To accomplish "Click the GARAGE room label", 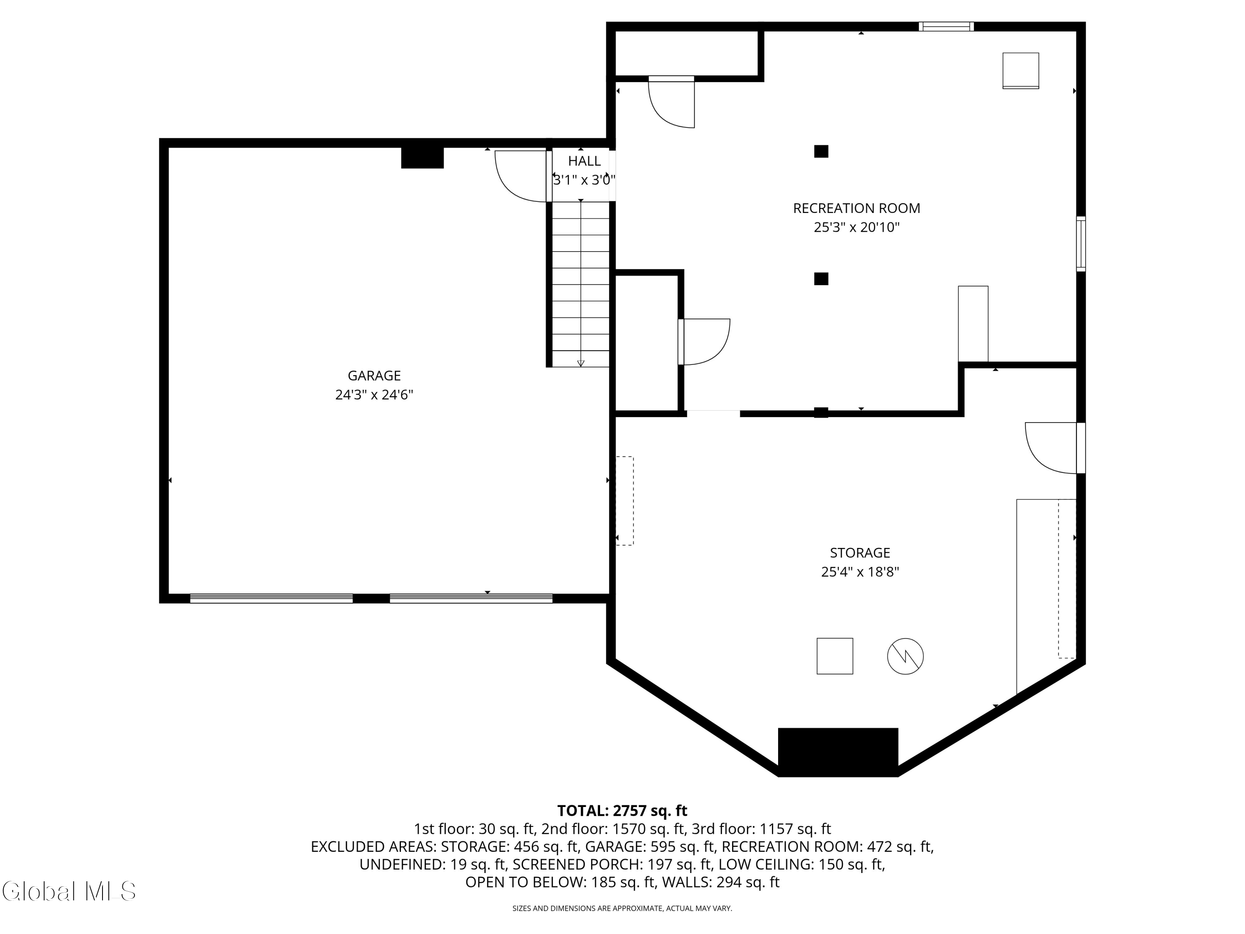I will coord(374,376).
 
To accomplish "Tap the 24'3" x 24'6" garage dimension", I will coord(374,395).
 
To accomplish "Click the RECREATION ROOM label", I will coord(856,208).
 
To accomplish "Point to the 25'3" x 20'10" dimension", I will coord(856,227).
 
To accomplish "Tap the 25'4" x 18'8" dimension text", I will coord(859,572).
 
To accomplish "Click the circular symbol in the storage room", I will coord(905,656).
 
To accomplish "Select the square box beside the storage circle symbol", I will coord(834,656).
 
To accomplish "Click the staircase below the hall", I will coord(580,284).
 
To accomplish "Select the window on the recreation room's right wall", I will coord(1081,244).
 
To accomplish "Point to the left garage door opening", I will coord(271,599).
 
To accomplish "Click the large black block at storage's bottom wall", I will coord(837,752).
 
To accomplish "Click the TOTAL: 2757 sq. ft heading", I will coord(622,811).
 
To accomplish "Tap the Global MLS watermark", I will coord(68,891).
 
